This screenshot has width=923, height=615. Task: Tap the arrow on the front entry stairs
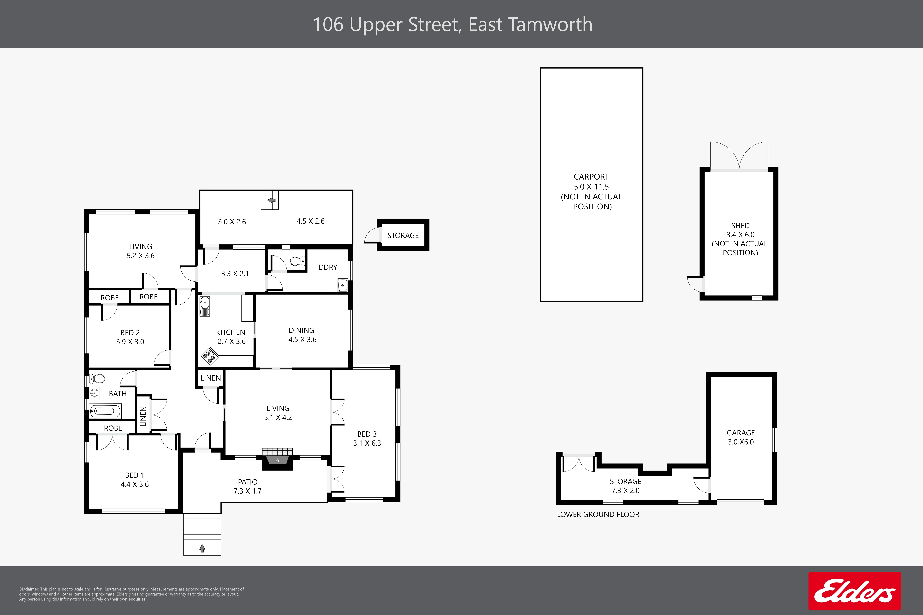[x=202, y=548]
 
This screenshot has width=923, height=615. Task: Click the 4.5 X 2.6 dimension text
[x=310, y=221]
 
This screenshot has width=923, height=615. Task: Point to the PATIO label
[x=248, y=482]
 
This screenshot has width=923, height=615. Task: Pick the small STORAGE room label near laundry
[x=403, y=235]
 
